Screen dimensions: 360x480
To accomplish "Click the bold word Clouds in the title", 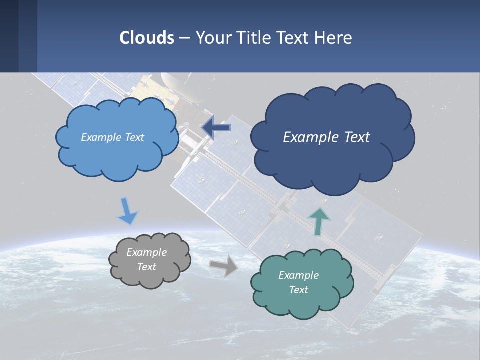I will point(146,38).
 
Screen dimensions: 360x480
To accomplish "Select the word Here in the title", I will point(335,38).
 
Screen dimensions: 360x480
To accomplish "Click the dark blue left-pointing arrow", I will point(216,128).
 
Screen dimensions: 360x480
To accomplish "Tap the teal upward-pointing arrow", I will point(319,221).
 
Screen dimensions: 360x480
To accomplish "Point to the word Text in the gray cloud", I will point(147,267).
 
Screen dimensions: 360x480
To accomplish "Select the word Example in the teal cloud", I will point(298,275).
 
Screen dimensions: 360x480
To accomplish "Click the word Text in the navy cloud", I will point(356,137).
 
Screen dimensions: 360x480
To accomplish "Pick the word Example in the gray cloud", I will point(146,252).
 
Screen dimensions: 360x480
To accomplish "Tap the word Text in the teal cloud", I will point(298,290).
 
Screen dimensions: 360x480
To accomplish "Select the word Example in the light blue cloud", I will point(100,137).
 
